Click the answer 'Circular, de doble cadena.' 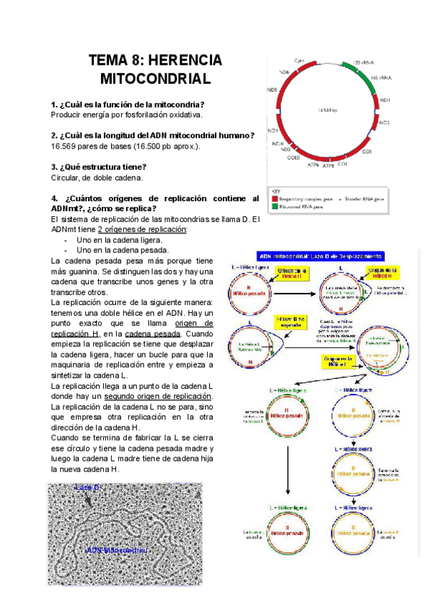tap(97, 177)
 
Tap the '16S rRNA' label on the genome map tap(381, 76)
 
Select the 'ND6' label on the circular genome tap(283, 73)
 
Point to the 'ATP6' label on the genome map tap(312, 164)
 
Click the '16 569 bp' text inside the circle tap(328, 110)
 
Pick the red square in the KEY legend tap(274, 199)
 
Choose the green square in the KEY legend tap(274, 206)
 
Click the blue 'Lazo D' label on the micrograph tap(88, 489)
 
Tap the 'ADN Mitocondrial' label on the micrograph tap(117, 550)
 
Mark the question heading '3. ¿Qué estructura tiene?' tap(99, 166)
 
